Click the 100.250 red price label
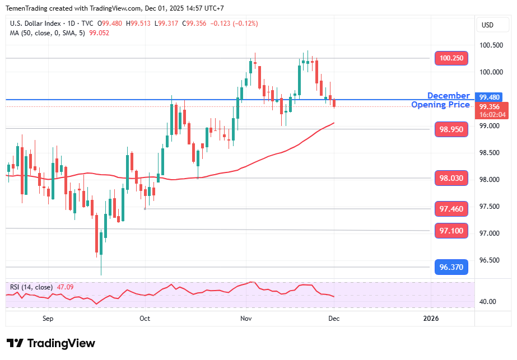pos(451,58)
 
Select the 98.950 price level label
pos(451,129)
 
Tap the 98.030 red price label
pos(451,178)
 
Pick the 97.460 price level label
pos(451,209)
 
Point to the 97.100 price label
pos(451,231)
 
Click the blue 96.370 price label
pos(451,267)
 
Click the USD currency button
pos(487,25)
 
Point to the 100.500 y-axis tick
pos(490,45)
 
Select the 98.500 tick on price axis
pos(490,153)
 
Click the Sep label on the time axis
pos(48,319)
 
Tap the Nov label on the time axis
pos(246,319)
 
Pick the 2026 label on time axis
pos(431,319)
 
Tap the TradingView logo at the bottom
pos(51,343)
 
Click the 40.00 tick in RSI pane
pos(488,302)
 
